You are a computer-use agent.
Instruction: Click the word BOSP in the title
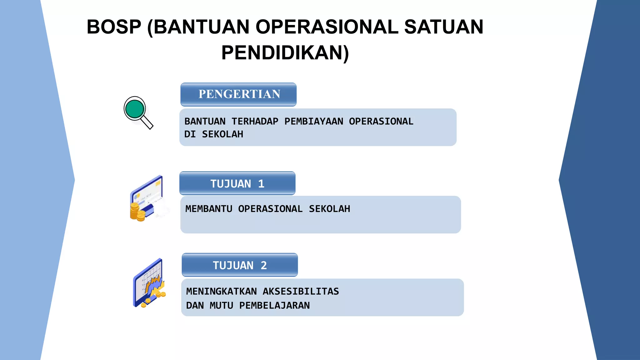click(114, 27)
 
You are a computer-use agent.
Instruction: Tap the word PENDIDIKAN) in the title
click(285, 52)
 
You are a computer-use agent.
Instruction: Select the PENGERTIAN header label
click(239, 94)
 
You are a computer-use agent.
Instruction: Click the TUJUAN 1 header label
click(237, 184)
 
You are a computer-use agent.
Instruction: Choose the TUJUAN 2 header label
click(240, 265)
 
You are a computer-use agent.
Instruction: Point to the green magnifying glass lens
click(134, 109)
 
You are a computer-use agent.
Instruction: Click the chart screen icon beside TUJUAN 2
click(149, 282)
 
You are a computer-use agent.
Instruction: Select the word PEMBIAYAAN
click(313, 121)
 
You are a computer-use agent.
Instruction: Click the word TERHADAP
click(255, 121)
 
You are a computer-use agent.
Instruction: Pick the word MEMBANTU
click(209, 209)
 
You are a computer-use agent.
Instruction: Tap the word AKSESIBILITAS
click(301, 291)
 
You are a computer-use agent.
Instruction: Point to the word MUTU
click(221, 305)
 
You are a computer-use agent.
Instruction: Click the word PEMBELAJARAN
click(274, 305)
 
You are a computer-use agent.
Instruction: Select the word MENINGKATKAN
click(221, 291)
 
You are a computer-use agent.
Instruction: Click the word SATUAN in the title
click(443, 27)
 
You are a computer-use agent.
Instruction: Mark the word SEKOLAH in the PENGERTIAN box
click(222, 134)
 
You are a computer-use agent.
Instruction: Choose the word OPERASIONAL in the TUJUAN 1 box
click(270, 209)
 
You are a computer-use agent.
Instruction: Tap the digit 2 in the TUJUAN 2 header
click(264, 265)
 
